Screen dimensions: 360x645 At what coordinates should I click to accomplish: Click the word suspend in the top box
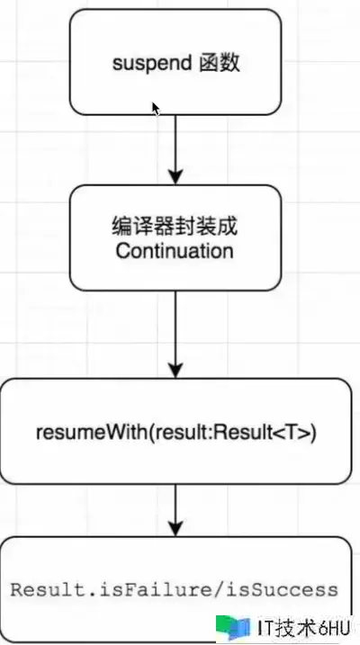click(152, 64)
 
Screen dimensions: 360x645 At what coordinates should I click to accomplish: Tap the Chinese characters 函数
click(220, 63)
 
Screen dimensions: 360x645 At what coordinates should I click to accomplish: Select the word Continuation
click(175, 251)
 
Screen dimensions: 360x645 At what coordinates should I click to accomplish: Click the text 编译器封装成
click(175, 226)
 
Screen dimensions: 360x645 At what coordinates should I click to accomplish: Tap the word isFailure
click(155, 589)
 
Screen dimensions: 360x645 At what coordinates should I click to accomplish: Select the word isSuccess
click(283, 589)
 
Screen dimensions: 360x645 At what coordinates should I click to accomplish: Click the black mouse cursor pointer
click(156, 109)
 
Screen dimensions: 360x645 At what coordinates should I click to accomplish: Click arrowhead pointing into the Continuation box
click(175, 177)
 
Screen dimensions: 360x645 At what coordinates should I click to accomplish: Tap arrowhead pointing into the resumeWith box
click(175, 371)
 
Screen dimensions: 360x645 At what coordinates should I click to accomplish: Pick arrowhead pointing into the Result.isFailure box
click(175, 529)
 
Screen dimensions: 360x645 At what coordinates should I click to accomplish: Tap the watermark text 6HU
click(334, 628)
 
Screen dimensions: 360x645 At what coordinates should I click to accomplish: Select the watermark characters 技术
click(295, 628)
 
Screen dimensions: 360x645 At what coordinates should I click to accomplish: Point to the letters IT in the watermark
click(265, 628)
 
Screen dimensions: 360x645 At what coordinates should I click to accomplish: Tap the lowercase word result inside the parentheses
click(181, 433)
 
